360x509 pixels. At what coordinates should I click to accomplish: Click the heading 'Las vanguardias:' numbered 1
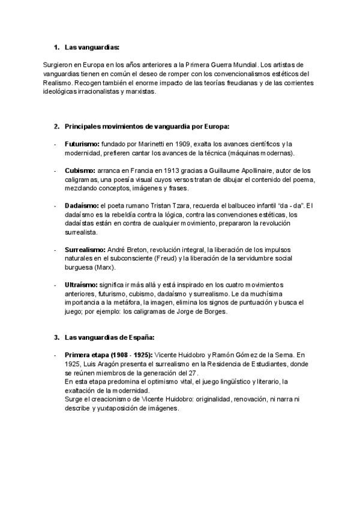tap(92, 46)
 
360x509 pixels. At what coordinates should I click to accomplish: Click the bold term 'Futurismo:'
tap(82, 145)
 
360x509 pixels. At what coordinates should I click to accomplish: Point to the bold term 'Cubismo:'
tap(79, 171)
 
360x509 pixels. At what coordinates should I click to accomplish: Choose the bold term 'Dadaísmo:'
tap(82, 206)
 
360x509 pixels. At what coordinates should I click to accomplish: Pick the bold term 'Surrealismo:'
tap(85, 248)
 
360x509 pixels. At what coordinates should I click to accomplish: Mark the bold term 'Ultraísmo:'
tap(82, 284)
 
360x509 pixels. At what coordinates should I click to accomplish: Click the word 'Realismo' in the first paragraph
tap(58, 82)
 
